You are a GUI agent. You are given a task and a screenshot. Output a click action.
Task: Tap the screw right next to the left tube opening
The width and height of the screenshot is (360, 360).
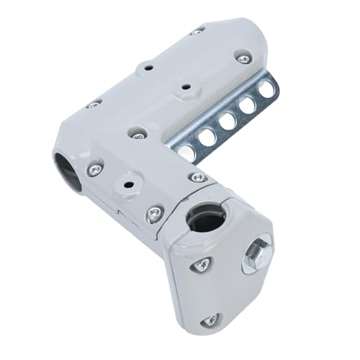(x=94, y=170)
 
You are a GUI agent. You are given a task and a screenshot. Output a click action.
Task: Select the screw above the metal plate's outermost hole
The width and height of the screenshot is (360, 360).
(x=244, y=58)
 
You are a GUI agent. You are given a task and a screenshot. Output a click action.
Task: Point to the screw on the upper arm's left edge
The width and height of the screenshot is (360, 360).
(x=93, y=104)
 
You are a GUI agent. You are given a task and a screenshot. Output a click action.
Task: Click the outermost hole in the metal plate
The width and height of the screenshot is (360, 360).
(x=268, y=89)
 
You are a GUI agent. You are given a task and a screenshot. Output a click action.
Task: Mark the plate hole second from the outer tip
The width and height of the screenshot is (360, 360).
(x=248, y=105)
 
